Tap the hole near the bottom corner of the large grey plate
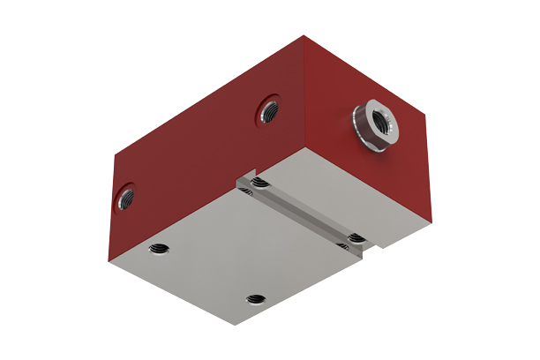[x=255, y=300]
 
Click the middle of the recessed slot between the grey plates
[x=304, y=212]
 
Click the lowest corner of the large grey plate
[x=236, y=324]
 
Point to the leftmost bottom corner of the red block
[x=108, y=262]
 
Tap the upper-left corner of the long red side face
[x=116, y=154]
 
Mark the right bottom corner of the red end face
[x=431, y=220]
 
